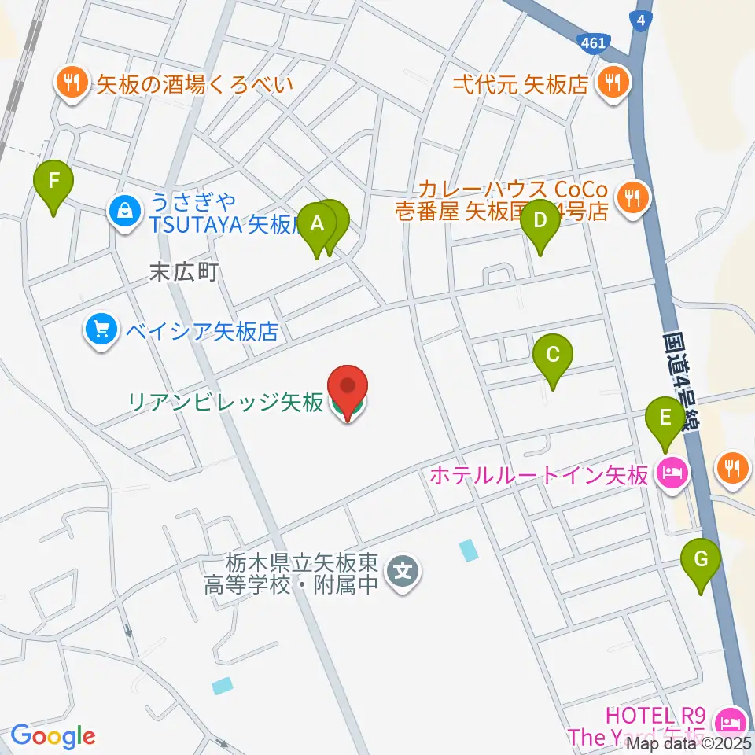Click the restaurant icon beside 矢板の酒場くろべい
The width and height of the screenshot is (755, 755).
pyautogui.click(x=71, y=83)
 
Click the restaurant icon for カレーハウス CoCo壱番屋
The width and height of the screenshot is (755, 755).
pyautogui.click(x=632, y=196)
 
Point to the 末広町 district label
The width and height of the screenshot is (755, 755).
pyautogui.click(x=182, y=273)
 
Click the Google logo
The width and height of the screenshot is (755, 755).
pyautogui.click(x=53, y=736)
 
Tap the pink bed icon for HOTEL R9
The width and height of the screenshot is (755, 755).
pyautogui.click(x=731, y=720)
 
